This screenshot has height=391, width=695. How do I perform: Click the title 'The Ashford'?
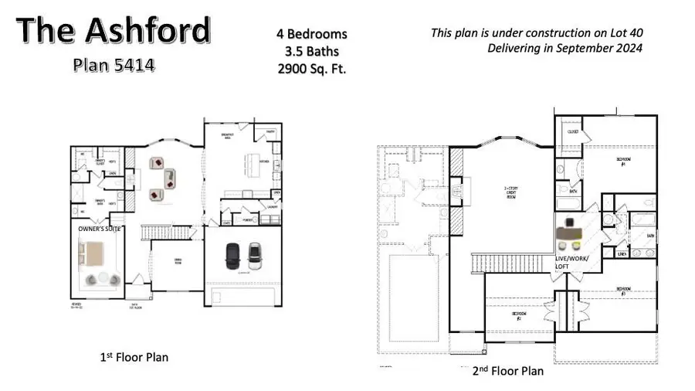[x=114, y=31]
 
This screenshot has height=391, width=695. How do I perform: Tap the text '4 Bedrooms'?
[x=312, y=34]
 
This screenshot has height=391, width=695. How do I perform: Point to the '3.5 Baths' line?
[x=312, y=51]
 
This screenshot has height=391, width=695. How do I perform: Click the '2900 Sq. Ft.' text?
[x=312, y=68]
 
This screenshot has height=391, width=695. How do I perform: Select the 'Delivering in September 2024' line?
[x=564, y=48]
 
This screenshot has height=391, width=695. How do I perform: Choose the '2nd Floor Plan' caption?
[x=507, y=371]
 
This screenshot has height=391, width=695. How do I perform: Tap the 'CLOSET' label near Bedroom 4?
[x=572, y=132]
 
